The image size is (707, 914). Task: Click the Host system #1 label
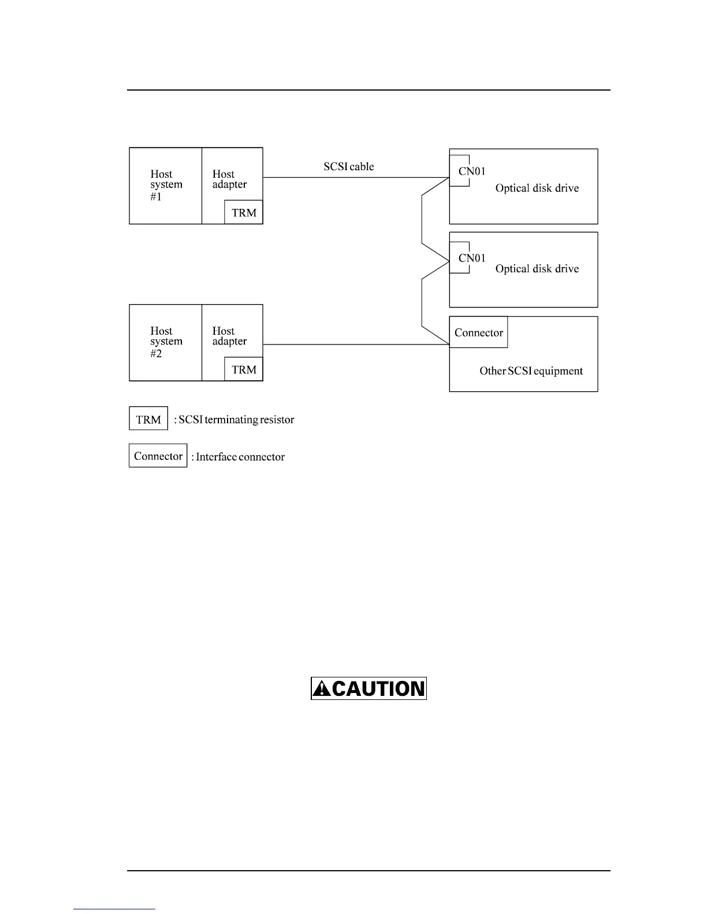tap(166, 185)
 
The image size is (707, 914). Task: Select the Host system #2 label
tap(166, 342)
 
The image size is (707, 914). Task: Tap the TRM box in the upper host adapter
tap(244, 212)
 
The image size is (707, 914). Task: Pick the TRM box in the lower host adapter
tap(244, 369)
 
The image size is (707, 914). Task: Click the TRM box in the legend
tap(148, 419)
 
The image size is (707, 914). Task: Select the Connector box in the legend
tap(158, 456)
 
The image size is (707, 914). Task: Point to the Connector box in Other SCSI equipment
tap(478, 332)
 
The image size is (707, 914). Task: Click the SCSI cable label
tap(348, 167)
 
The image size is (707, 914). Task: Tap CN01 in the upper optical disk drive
tap(472, 171)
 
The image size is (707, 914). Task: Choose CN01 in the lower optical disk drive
tap(472, 258)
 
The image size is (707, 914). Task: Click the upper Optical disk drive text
tap(537, 188)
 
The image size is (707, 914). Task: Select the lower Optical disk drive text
tap(537, 269)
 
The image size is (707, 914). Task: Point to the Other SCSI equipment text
tap(531, 371)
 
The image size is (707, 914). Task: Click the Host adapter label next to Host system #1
tap(229, 179)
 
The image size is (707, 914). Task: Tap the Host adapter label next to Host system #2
tap(229, 336)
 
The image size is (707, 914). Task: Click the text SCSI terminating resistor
tap(236, 419)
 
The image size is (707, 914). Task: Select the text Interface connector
tap(240, 457)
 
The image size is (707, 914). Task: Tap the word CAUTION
tap(378, 688)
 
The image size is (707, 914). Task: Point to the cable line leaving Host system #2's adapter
tap(355, 344)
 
